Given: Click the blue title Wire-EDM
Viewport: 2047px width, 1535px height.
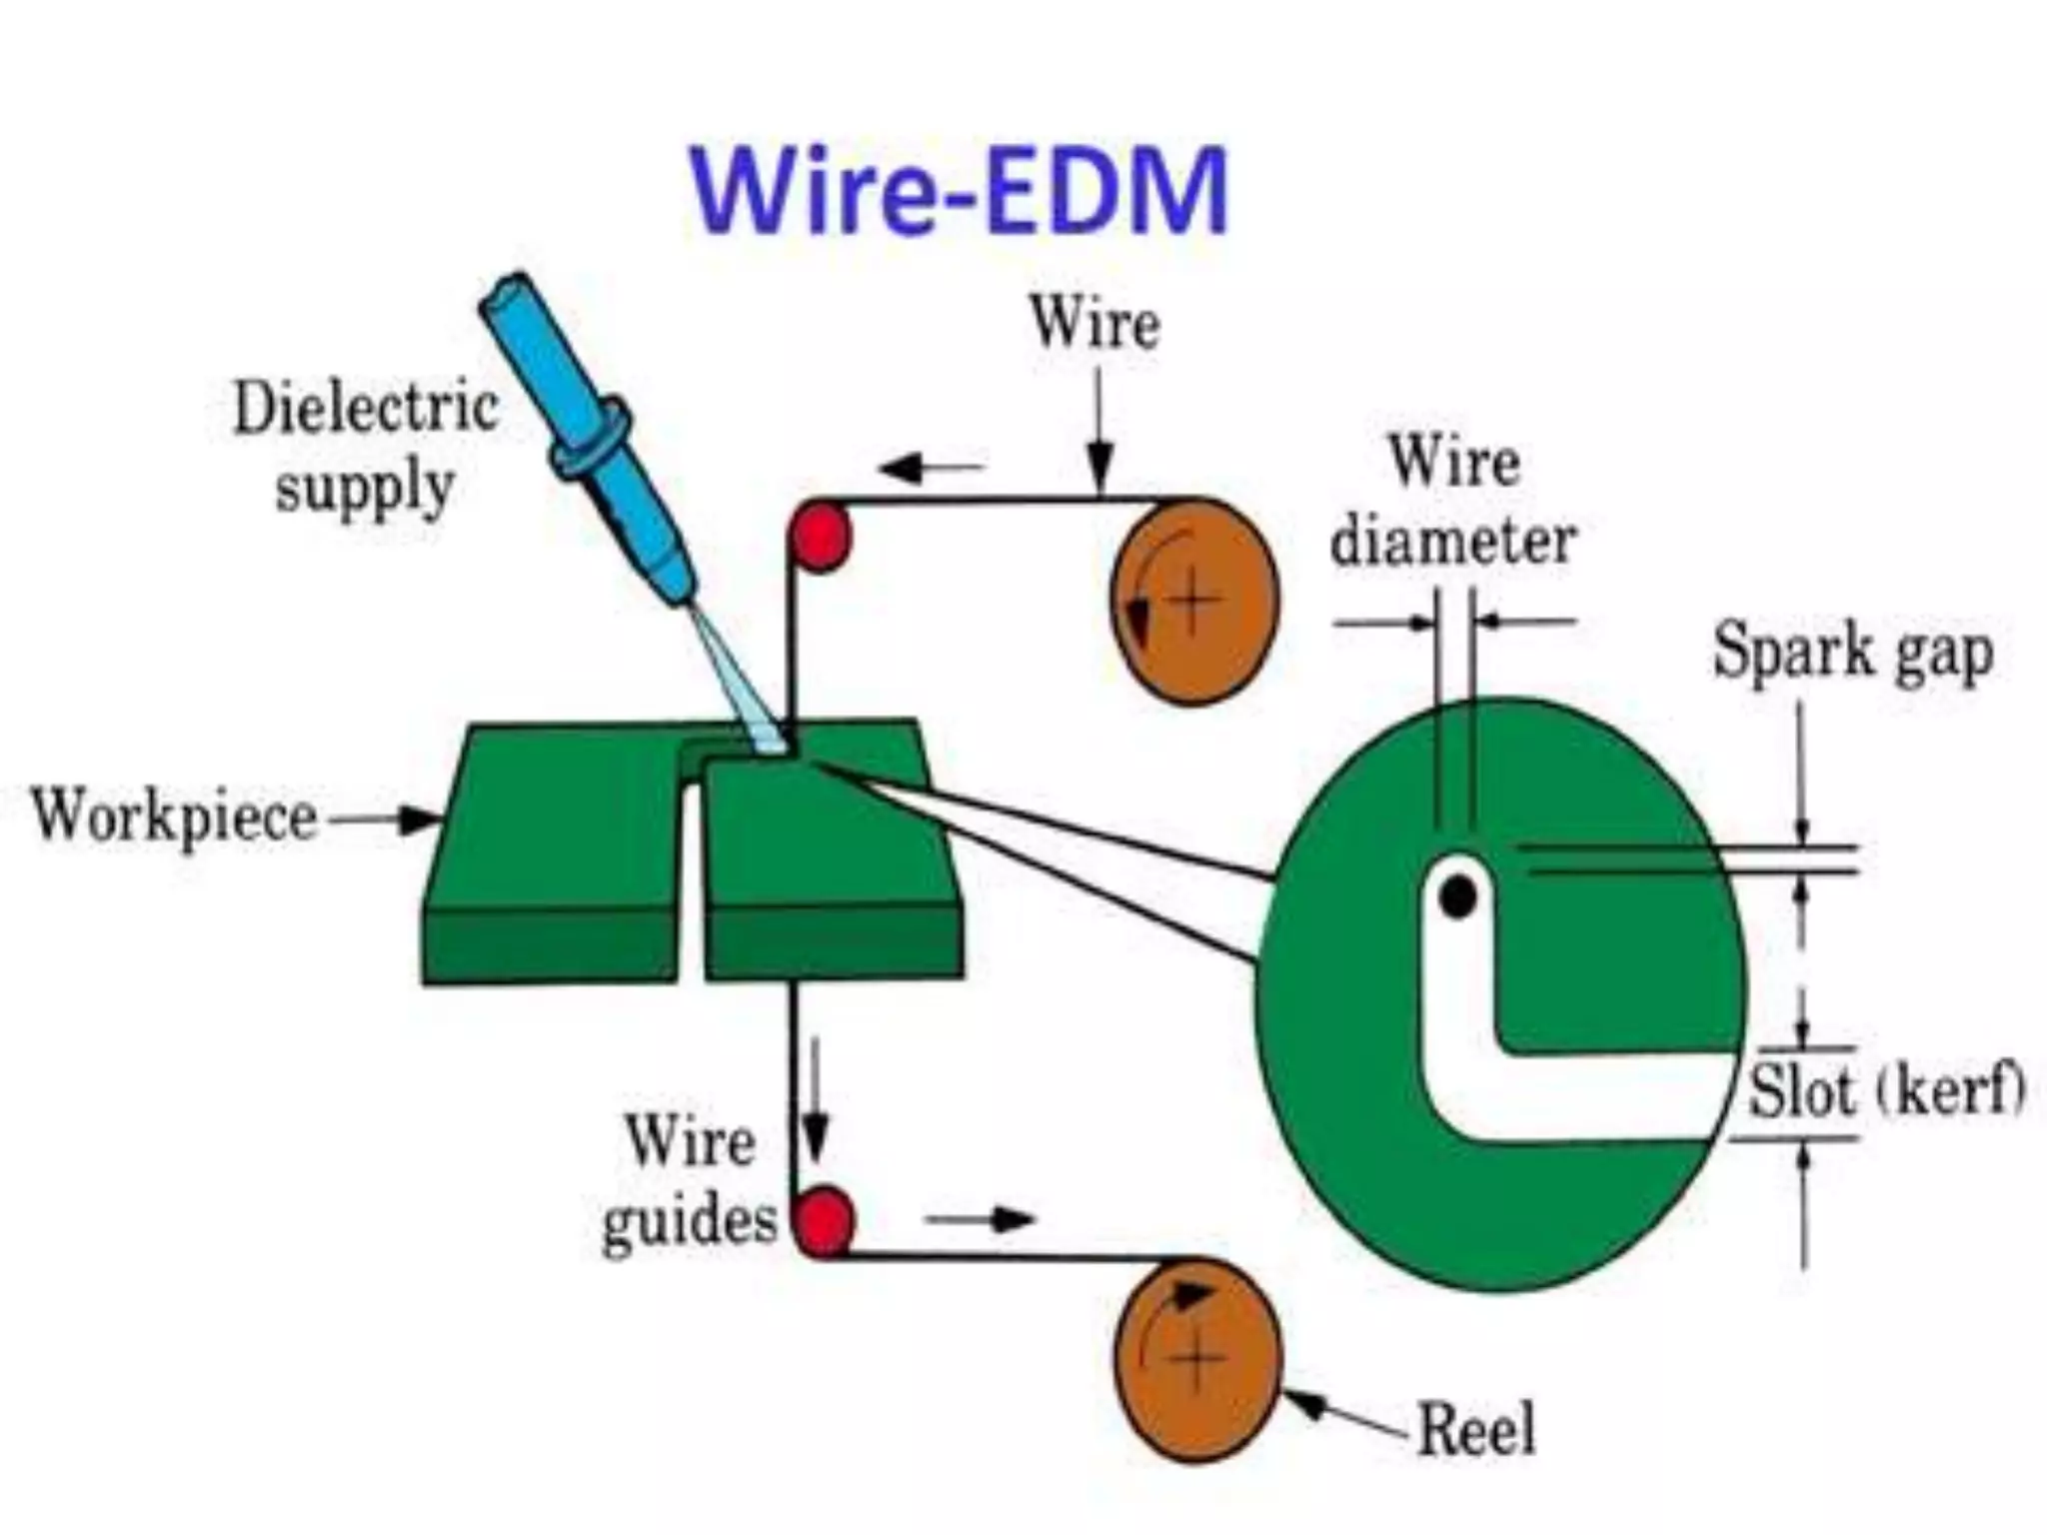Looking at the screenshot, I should click(958, 192).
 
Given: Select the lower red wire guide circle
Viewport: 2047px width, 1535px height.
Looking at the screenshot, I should click(824, 1220).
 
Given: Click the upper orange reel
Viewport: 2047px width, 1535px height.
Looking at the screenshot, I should click(1194, 602).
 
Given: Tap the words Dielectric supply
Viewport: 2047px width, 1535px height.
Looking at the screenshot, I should click(365, 448).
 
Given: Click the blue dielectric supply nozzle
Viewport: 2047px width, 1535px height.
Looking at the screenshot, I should click(590, 440).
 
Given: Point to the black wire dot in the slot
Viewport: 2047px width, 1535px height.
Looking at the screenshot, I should click(1458, 895).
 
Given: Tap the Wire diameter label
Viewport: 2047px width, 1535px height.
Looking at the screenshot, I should click(1454, 503).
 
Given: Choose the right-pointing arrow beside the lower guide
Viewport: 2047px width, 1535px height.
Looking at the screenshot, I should click(980, 1219).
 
